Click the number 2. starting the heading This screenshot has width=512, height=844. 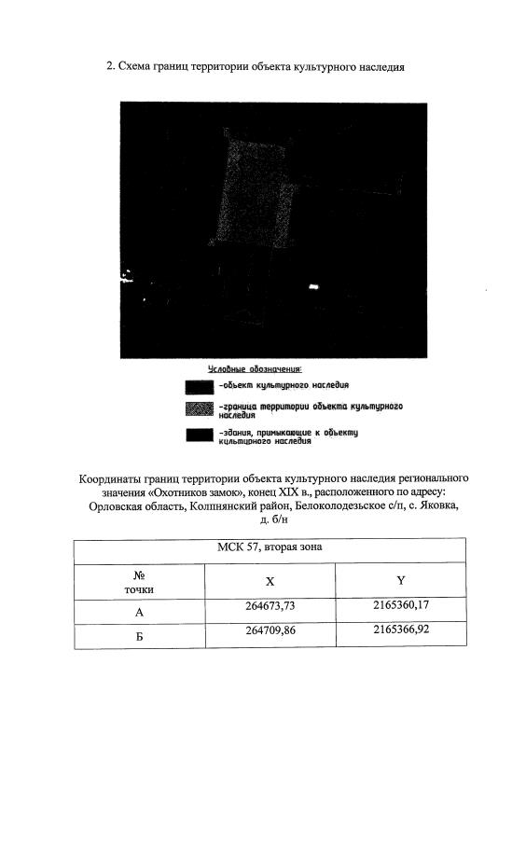coord(111,66)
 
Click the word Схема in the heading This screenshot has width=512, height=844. coord(136,66)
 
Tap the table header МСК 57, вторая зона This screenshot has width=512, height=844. coord(270,547)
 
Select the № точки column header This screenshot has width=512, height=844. coord(138,582)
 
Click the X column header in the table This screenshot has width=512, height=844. coord(270,580)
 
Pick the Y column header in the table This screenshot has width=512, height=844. coord(401,580)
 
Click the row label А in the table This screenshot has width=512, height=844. coord(139,613)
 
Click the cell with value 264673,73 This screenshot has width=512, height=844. coord(270,606)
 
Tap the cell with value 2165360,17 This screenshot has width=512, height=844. coord(402,606)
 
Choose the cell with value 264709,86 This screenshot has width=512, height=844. coord(270,631)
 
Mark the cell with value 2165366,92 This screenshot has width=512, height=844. coord(402,631)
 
